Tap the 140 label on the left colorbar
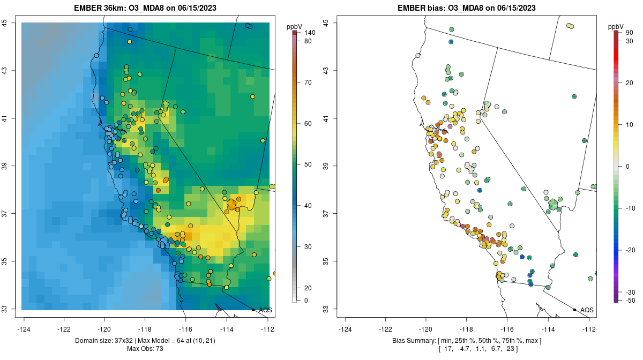click(x=310, y=33)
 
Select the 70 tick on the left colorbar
click(x=308, y=82)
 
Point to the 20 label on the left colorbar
click(x=308, y=288)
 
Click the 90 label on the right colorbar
click(x=630, y=33)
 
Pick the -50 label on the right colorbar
click(x=631, y=301)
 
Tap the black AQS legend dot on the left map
click(x=253, y=310)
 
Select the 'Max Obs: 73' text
click(x=145, y=349)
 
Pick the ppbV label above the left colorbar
click(x=295, y=26)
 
